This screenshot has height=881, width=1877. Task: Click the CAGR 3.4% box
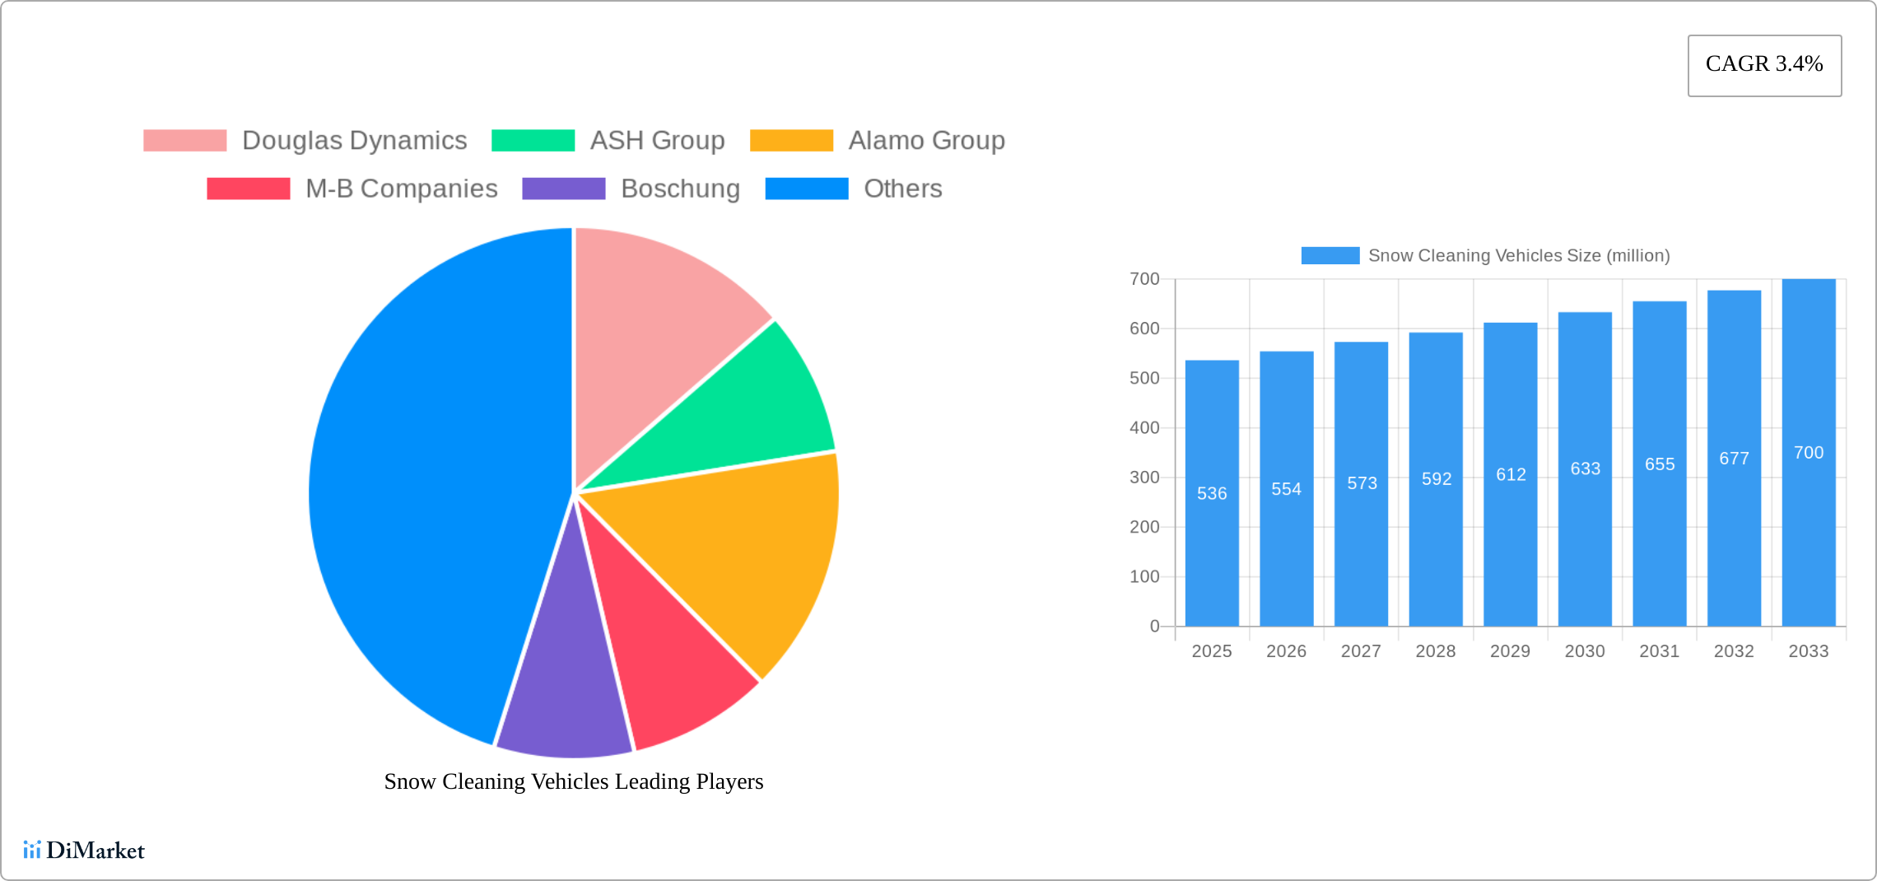(1764, 65)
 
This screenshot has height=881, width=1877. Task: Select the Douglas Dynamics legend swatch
(184, 141)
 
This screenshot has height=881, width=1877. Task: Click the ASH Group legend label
(657, 141)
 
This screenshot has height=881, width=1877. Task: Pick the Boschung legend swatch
(563, 189)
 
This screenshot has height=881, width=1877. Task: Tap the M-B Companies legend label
(401, 189)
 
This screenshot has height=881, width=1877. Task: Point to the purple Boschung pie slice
(564, 692)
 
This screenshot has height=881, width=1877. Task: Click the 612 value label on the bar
(1511, 475)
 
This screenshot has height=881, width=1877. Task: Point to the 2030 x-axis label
(1585, 651)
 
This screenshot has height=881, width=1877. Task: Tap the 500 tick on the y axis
(1144, 378)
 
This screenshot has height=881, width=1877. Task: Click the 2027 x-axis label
(1361, 651)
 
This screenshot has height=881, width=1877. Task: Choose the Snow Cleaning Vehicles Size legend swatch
(1330, 255)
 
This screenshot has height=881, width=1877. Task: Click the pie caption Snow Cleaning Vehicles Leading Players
(574, 781)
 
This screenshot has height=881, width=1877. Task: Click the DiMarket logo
(84, 851)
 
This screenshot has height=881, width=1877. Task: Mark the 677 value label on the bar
(1734, 459)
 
